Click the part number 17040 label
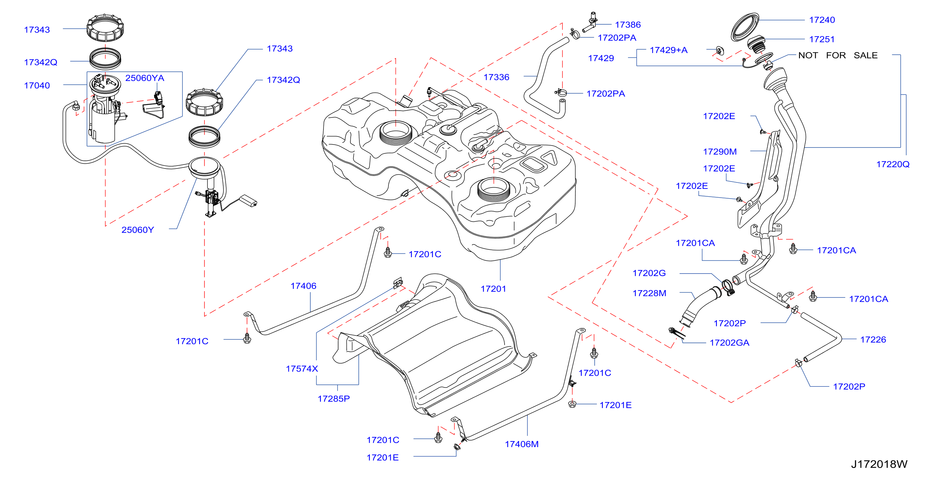pos(37,85)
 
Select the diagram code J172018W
pos(879,464)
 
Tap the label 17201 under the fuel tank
pos(493,289)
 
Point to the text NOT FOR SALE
pos(838,55)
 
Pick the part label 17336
pos(496,77)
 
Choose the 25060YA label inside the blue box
pos(145,78)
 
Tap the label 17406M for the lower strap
pos(522,444)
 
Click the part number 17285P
pos(334,399)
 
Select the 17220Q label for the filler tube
pos(893,164)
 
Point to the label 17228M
pos(649,293)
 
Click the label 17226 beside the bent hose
pos(873,340)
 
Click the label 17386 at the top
pos(628,25)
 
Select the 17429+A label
pos(668,50)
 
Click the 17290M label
pos(720,152)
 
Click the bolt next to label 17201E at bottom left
pos(457,447)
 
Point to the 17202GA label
pos(729,343)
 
